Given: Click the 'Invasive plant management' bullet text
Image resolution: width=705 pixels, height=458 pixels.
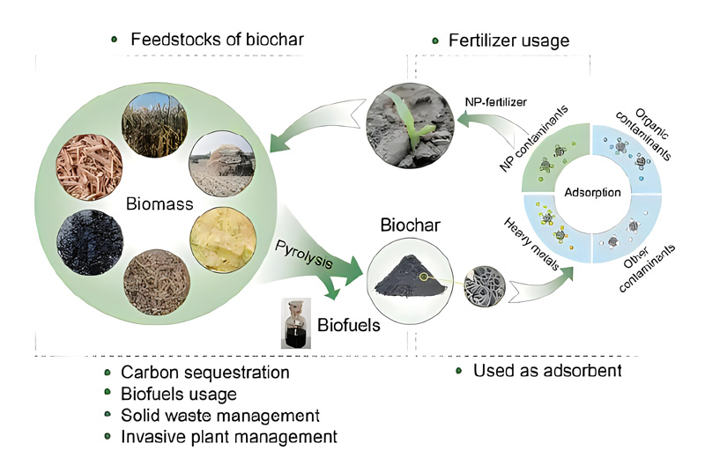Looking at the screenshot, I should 217,435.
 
